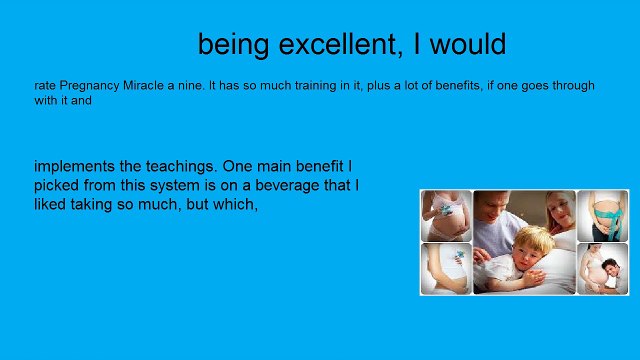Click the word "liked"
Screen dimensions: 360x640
click(52, 204)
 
